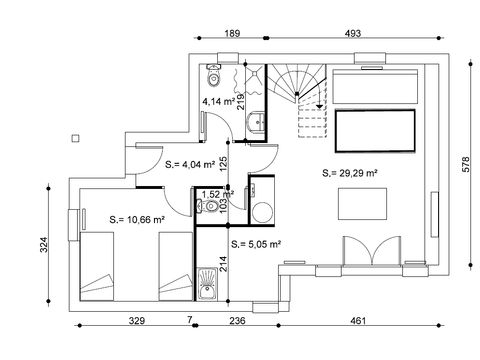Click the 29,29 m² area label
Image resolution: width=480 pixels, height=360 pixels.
[x=350, y=173]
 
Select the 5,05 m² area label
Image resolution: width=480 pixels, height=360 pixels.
[x=256, y=243]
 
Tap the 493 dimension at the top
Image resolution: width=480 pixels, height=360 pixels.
[x=352, y=34]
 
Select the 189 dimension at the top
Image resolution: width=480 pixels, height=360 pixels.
[x=231, y=34]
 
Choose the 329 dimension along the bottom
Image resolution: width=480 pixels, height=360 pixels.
[x=137, y=321]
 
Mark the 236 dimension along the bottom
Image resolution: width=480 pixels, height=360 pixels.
[x=236, y=321]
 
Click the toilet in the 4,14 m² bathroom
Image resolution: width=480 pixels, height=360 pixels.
[x=213, y=75]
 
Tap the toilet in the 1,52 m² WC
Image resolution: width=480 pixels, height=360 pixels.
[x=203, y=208]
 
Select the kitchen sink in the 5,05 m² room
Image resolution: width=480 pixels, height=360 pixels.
[x=207, y=289]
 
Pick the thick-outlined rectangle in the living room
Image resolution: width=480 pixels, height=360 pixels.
[x=375, y=131]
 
